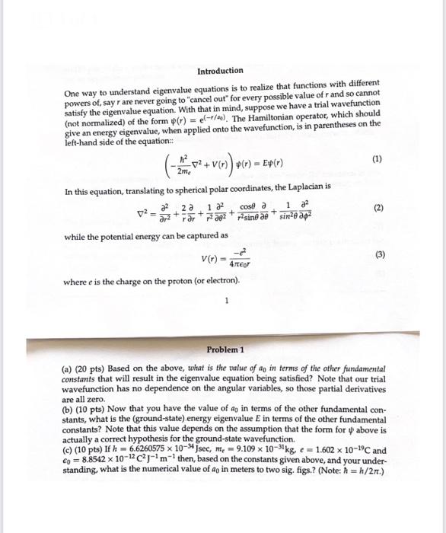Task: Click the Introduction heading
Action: coord(220,71)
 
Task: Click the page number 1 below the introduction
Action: coord(226,299)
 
